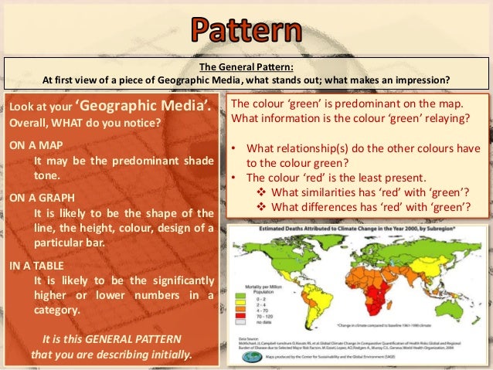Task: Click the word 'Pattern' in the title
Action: tap(246, 32)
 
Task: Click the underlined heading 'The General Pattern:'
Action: tap(246, 67)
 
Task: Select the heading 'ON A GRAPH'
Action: tap(36, 197)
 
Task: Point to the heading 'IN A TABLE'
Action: tap(34, 264)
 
